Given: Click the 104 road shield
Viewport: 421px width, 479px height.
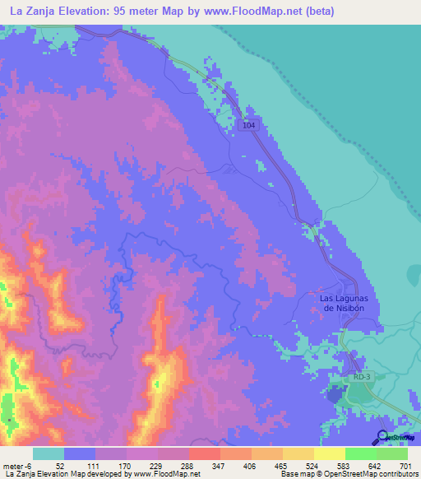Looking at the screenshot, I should click(250, 125).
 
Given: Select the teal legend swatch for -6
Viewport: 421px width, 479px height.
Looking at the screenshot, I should click(48, 453).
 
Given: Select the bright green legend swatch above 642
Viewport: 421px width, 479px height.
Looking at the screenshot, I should click(361, 453).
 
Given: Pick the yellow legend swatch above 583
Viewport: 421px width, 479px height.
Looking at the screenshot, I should click(329, 453).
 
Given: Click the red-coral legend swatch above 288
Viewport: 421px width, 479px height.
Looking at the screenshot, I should click(204, 453).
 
